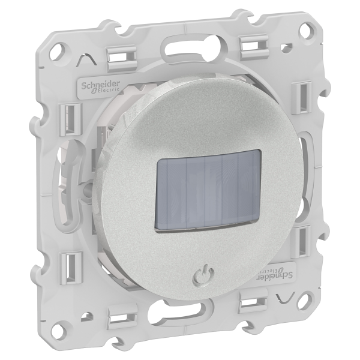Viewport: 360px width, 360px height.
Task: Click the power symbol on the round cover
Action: pyautogui.click(x=203, y=275)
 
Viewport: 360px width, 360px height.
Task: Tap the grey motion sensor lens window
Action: pyautogui.click(x=209, y=189)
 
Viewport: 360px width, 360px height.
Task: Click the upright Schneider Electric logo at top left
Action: pyautogui.click(x=100, y=88)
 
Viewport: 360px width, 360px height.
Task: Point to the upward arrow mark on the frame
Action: pyautogui.click(x=86, y=59)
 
